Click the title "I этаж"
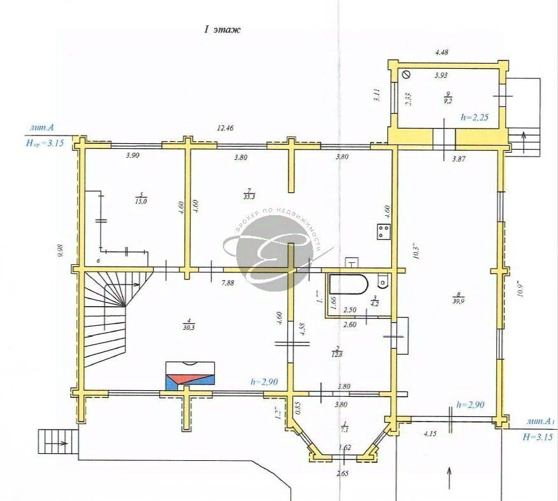(222, 29)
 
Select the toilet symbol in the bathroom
(382, 280)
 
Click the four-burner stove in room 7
(383, 231)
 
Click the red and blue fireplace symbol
(190, 375)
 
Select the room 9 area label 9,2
(448, 100)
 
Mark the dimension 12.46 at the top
(224, 128)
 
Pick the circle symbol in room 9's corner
(406, 74)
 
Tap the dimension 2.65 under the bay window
(345, 474)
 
